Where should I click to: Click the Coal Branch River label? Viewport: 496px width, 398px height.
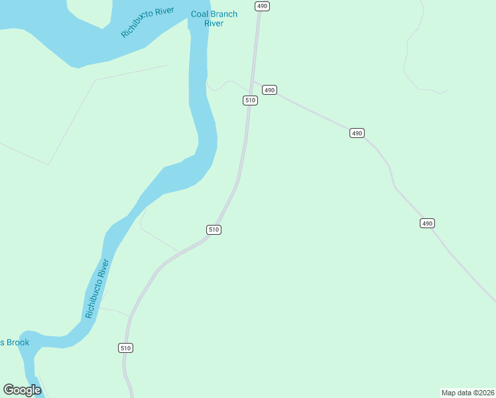click(214, 19)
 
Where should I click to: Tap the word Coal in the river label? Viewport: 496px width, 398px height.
click(200, 14)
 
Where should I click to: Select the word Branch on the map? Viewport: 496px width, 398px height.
click(224, 14)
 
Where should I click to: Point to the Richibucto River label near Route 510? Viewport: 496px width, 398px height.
click(97, 289)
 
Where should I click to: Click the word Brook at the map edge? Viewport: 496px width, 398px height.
click(17, 342)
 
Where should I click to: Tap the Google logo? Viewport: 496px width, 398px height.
click(22, 390)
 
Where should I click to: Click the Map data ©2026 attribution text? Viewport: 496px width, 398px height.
click(467, 392)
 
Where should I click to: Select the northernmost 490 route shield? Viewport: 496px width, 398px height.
click(263, 6)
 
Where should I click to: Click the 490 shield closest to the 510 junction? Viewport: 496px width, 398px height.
click(269, 90)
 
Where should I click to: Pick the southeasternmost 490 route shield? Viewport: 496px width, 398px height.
click(427, 223)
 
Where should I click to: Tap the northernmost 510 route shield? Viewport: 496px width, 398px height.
click(249, 100)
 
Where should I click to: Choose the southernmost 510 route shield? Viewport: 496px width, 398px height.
click(126, 348)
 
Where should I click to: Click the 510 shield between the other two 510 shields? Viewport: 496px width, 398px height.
click(213, 230)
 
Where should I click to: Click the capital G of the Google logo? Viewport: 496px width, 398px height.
click(9, 390)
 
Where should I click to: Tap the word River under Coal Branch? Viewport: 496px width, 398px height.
click(214, 23)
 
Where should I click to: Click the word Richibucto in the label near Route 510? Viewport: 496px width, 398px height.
click(93, 299)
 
